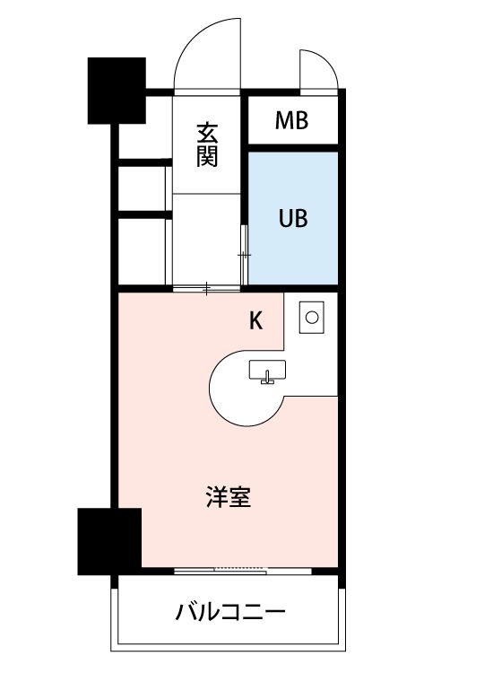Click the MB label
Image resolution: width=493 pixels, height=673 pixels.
click(x=291, y=120)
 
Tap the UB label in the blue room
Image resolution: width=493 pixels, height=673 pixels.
click(x=292, y=218)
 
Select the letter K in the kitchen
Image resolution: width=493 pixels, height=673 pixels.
click(x=255, y=321)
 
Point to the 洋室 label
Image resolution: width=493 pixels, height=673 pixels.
click(x=228, y=497)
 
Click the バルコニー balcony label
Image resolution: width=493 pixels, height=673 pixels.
click(x=230, y=614)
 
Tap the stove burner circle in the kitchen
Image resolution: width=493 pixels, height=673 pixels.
click(x=312, y=317)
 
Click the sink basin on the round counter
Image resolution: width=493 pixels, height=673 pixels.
click(x=266, y=369)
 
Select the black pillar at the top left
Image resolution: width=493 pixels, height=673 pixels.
click(x=117, y=90)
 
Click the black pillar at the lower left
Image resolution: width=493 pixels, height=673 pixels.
click(x=109, y=540)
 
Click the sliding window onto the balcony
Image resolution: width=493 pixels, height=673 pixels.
click(x=222, y=570)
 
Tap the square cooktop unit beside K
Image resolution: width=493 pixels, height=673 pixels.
click(x=311, y=317)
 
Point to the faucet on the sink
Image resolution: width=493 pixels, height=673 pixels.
click(x=265, y=378)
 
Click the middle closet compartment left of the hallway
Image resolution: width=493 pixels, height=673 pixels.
click(x=142, y=188)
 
